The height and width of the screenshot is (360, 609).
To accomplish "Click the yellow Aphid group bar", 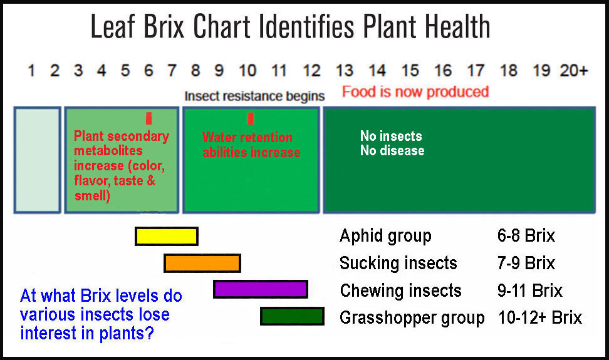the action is coord(167,236).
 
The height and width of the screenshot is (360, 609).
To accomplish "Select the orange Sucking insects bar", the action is coord(202,263).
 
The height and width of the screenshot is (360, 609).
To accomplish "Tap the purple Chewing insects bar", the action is coord(261,289).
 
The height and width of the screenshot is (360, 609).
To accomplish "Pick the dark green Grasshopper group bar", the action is coord(292,316).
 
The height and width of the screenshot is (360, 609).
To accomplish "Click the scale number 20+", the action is coord(574,71).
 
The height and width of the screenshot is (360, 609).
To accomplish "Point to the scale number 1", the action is coord(31,71).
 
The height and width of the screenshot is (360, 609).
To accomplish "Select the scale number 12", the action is coord(312,71).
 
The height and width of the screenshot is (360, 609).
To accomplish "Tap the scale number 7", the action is coord(172,71).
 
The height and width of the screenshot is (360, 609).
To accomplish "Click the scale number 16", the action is coord(443,71).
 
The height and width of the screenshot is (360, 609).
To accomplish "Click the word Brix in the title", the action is coord(164,26).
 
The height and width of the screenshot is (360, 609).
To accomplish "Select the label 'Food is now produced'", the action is coord(415,92).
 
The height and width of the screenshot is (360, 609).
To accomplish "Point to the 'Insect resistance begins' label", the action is coord(254,96).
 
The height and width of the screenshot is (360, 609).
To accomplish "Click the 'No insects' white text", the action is coord(391,136).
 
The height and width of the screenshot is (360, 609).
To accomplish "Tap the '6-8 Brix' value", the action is coord(526,235).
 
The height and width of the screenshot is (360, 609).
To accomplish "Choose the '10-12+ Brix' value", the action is coord(540,317).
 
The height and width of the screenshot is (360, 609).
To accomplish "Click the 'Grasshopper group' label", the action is coord(412,318).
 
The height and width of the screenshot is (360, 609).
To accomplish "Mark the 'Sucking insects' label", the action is coord(398,263).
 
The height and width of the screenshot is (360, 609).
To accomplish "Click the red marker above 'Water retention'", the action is coord(251,118).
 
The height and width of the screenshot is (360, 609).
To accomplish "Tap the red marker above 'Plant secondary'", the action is coord(148,118).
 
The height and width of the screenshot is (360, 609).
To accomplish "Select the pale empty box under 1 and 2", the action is coord(38,160).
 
